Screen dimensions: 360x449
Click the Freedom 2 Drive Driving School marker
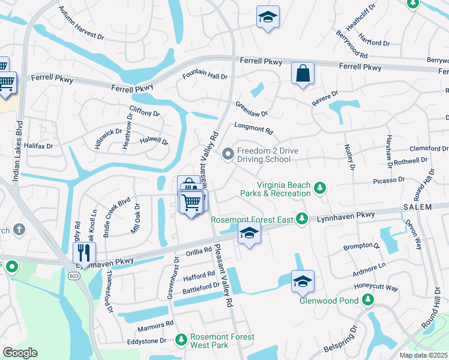tap(228, 155)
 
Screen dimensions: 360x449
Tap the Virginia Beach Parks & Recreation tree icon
tap(320, 189)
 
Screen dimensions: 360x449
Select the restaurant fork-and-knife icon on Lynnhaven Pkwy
tap(84, 253)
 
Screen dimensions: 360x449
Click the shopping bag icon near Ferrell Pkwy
tap(303, 74)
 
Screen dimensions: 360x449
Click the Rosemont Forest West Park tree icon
tap(181, 341)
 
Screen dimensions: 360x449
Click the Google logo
tap(20, 353)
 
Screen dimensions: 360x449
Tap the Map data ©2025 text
tap(423, 355)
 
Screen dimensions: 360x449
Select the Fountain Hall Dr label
tap(205, 77)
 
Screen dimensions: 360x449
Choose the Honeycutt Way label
tap(376, 288)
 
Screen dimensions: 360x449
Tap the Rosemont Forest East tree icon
tap(303, 219)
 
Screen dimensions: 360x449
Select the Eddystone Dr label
tap(146, 341)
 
